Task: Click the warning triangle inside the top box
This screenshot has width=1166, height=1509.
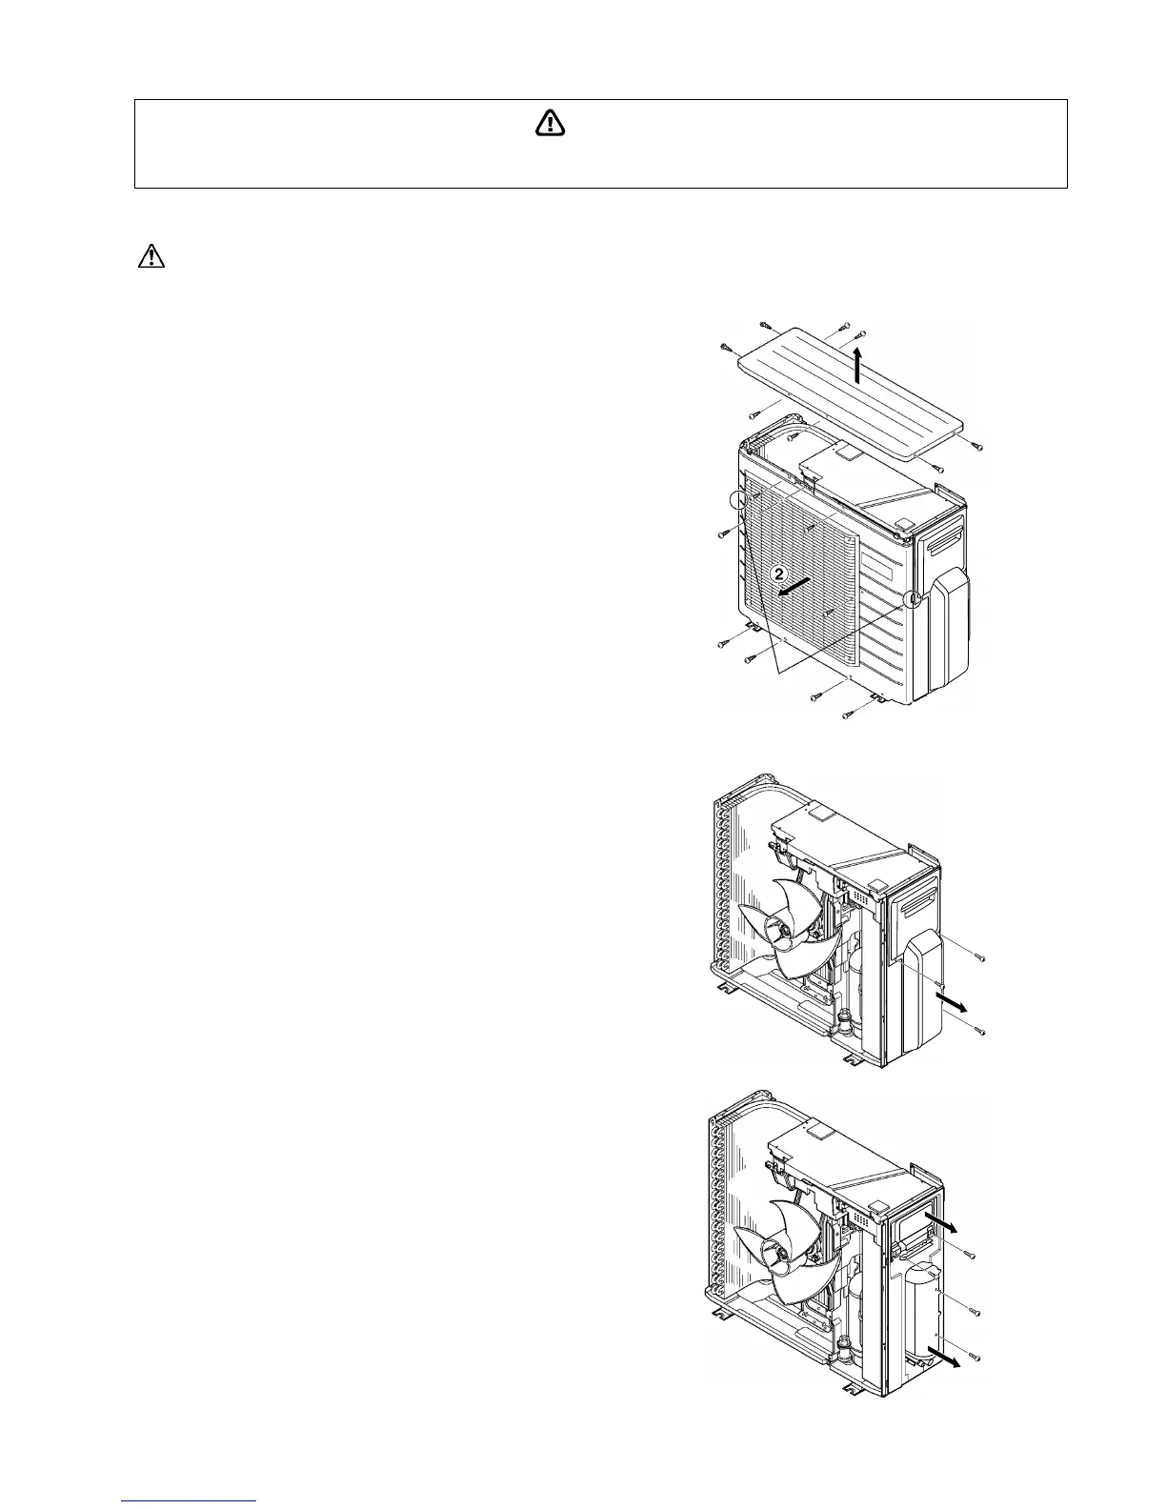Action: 550,124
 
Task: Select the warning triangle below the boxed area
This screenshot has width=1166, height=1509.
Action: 151,257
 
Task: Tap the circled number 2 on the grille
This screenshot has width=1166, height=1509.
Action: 778,574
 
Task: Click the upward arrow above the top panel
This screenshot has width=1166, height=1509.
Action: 858,365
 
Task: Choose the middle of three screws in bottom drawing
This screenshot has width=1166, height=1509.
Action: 974,1314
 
